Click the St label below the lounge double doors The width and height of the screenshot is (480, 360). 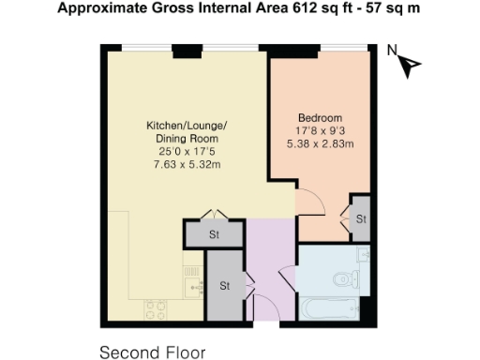214,235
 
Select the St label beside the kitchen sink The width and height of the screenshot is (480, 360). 225,285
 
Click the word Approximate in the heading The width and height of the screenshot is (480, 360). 99,9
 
